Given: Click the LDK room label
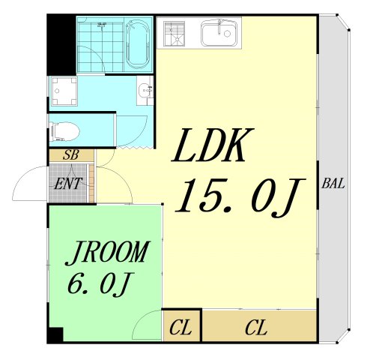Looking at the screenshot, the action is [x=213, y=145].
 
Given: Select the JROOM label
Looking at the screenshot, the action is [x=108, y=253].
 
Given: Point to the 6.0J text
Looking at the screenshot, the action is [x=100, y=284].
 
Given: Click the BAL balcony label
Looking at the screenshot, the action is [x=333, y=184].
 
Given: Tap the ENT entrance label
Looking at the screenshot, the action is [x=68, y=184].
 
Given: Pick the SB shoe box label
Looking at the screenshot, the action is [x=71, y=155].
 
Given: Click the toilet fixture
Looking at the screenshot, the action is [x=64, y=131].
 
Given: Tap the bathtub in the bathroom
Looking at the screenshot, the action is [x=138, y=44].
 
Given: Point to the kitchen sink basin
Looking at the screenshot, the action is [x=219, y=34].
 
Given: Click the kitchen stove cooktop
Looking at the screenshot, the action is [x=174, y=34].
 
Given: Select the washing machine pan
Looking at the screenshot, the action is [x=64, y=91].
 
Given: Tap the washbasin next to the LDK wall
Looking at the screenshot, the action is [x=145, y=91].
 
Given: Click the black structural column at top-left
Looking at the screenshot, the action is [x=61, y=44].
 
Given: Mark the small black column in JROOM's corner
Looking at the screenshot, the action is [x=55, y=334].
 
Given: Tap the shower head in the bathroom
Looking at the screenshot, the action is [x=102, y=25].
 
